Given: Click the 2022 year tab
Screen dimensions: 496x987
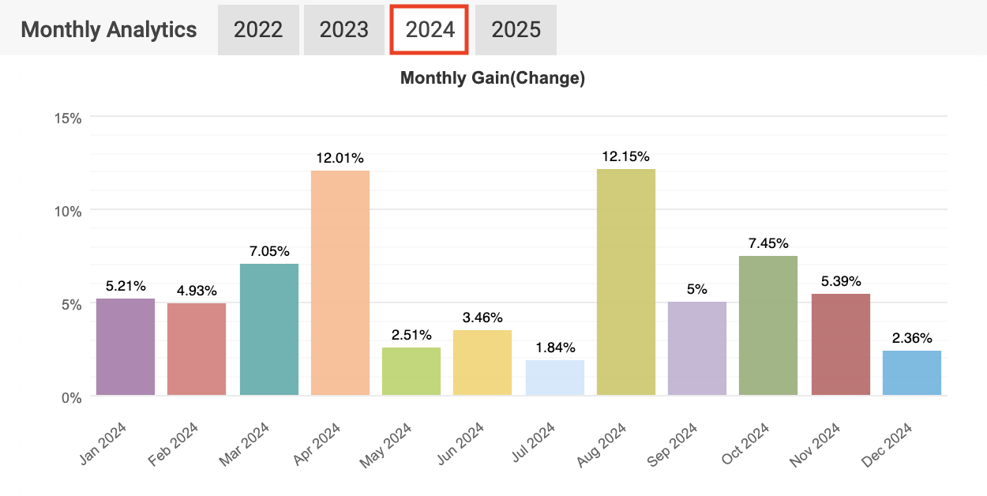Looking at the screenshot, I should click(258, 30).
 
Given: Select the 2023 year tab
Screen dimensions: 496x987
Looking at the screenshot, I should click(343, 30).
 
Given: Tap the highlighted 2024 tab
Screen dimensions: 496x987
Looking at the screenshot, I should click(430, 30).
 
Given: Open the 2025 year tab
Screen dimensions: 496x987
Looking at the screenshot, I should click(516, 30).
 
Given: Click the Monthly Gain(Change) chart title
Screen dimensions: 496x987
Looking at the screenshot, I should click(493, 78).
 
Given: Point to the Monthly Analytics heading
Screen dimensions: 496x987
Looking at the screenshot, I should click(109, 30).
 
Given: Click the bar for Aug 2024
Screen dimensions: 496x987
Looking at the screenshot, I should click(625, 282).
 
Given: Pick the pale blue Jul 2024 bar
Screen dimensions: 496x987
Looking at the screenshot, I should click(554, 378).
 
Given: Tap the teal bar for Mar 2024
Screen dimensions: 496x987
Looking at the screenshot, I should click(268, 329).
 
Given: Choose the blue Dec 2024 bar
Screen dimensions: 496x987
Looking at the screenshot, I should click(911, 373).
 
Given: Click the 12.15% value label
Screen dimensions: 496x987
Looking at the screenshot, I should click(625, 156).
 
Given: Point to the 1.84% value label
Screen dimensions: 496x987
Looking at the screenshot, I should click(554, 348).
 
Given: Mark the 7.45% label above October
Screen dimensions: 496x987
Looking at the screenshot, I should click(767, 243).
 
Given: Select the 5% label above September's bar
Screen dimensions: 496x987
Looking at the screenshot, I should click(696, 289).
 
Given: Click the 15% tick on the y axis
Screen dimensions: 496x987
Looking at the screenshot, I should click(67, 118).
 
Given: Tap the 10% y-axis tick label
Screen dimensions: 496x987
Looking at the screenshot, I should click(67, 211).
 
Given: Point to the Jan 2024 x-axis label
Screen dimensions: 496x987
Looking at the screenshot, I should click(103, 444).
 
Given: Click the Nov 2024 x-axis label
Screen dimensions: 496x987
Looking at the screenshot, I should click(816, 444).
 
